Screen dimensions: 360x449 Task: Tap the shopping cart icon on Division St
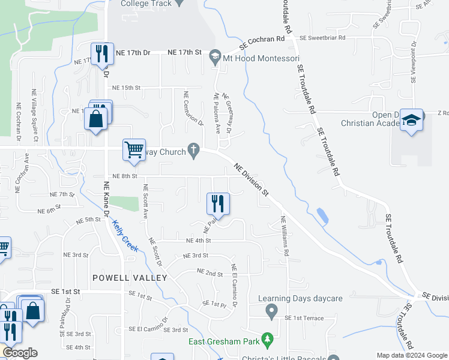point(134,150)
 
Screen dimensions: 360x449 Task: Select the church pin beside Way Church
point(193,151)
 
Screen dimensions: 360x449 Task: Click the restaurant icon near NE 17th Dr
point(101,54)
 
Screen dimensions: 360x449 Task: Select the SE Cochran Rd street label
point(262,43)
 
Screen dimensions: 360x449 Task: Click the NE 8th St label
point(125,176)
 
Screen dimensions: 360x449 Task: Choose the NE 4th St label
point(199,241)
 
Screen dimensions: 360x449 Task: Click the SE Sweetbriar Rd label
point(323,38)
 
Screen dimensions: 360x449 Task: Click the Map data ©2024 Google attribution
point(412,355)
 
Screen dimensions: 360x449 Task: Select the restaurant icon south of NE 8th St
point(218,203)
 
